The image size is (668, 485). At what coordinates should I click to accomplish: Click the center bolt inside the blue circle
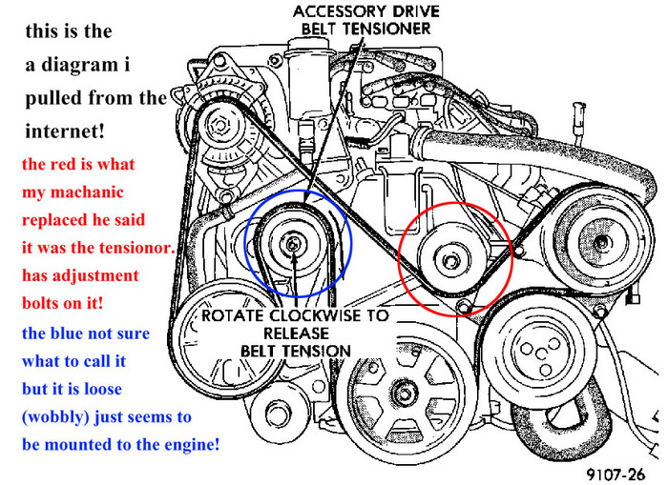click(x=293, y=245)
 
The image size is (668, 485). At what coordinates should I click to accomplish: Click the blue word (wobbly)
click(x=56, y=417)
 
